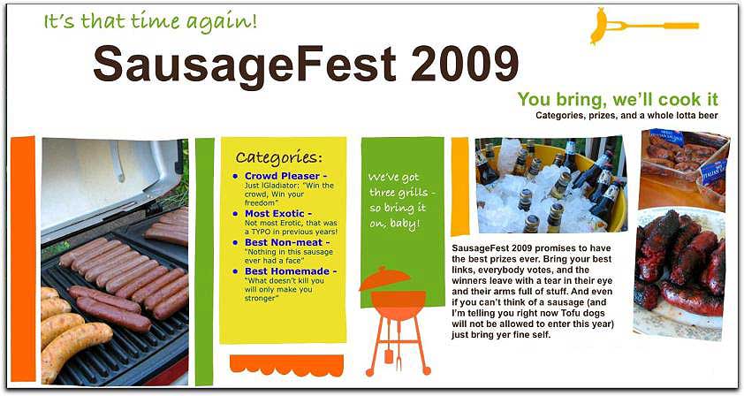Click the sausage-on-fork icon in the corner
click(x=644, y=26)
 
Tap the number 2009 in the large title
click(x=465, y=63)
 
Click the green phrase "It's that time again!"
click(x=150, y=22)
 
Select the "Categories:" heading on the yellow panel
click(x=278, y=157)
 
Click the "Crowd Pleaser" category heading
click(x=282, y=176)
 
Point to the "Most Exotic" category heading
click(x=274, y=214)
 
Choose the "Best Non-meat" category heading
click(x=284, y=242)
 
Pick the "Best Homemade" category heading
click(x=286, y=271)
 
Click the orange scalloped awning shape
click(x=286, y=365)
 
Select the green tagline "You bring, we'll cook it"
click(x=618, y=100)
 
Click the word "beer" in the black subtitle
click(x=708, y=116)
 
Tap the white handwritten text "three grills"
click(x=401, y=193)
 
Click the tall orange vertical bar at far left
click(x=23, y=258)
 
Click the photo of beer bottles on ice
click(x=550, y=185)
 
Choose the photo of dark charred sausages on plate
click(x=680, y=272)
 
